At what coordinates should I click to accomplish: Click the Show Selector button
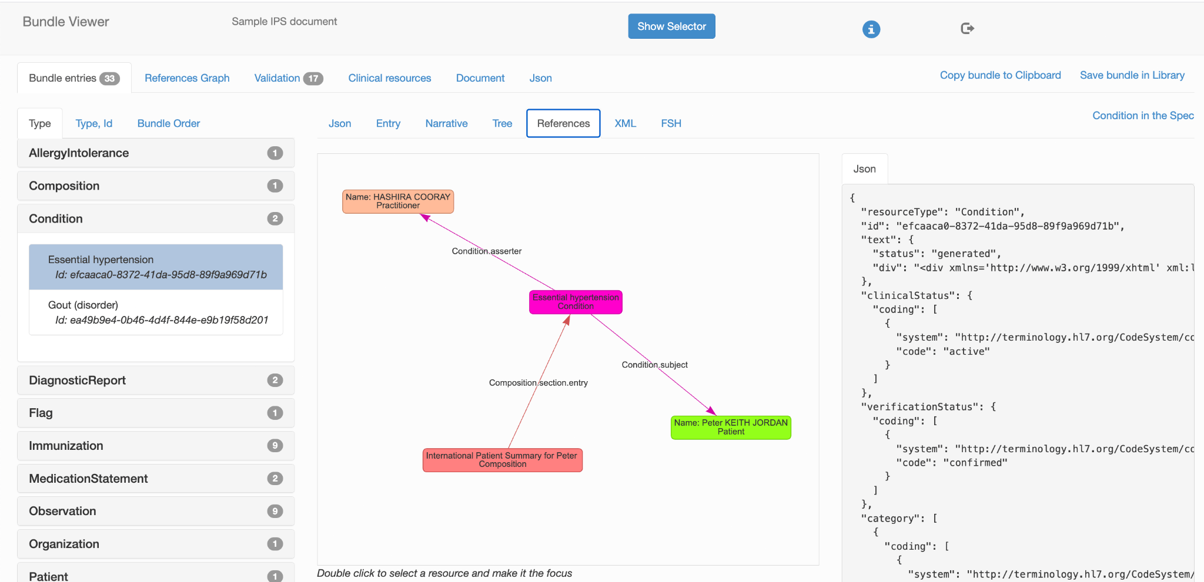671,26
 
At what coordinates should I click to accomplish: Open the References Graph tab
187,78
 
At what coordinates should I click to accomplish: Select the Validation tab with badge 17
289,78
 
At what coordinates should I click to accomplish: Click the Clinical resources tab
390,78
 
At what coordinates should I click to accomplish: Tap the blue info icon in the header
871,29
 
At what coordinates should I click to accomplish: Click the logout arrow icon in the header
967,28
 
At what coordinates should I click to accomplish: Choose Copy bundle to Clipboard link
1000,75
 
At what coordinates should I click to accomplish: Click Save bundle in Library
1132,75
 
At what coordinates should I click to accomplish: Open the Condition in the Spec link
1143,116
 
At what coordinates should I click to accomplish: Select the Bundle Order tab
169,123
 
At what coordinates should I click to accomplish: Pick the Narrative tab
446,123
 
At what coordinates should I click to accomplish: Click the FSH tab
671,123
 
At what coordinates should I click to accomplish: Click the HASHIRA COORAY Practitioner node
398,201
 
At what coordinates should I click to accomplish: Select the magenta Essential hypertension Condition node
576,302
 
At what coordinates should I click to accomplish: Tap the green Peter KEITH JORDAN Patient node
731,427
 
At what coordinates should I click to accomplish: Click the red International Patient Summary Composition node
502,460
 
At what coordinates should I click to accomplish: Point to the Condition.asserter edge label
487,251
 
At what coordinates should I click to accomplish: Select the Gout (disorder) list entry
156,312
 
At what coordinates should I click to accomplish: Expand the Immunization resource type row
156,446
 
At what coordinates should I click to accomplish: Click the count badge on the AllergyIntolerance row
275,153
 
